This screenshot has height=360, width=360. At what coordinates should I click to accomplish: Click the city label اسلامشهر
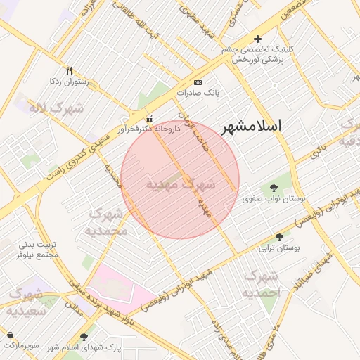[x=251, y=127]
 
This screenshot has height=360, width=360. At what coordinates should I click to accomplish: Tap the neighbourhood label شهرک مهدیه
[x=181, y=185]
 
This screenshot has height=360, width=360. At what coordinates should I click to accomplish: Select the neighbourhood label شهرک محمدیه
[x=106, y=221]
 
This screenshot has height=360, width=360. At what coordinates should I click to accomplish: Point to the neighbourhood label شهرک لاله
[x=56, y=108]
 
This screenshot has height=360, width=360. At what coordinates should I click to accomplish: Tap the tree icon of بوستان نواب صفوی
[x=273, y=188]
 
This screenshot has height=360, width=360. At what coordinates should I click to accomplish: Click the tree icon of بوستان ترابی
[x=280, y=237]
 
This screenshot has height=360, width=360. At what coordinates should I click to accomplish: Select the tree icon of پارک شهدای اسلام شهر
[x=86, y=337]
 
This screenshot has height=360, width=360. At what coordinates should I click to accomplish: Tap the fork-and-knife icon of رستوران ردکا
[x=69, y=70]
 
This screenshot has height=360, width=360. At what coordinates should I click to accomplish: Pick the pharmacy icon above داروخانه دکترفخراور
[x=148, y=119]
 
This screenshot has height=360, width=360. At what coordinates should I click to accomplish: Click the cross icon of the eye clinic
[x=257, y=39]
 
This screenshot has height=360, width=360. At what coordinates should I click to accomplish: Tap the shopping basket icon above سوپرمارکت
[x=10, y=335]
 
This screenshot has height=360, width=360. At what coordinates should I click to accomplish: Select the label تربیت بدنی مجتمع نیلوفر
[x=39, y=249]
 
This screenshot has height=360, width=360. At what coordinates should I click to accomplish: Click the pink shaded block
[x=120, y=285]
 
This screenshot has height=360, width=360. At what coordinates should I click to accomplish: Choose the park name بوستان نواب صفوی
[x=274, y=199]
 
